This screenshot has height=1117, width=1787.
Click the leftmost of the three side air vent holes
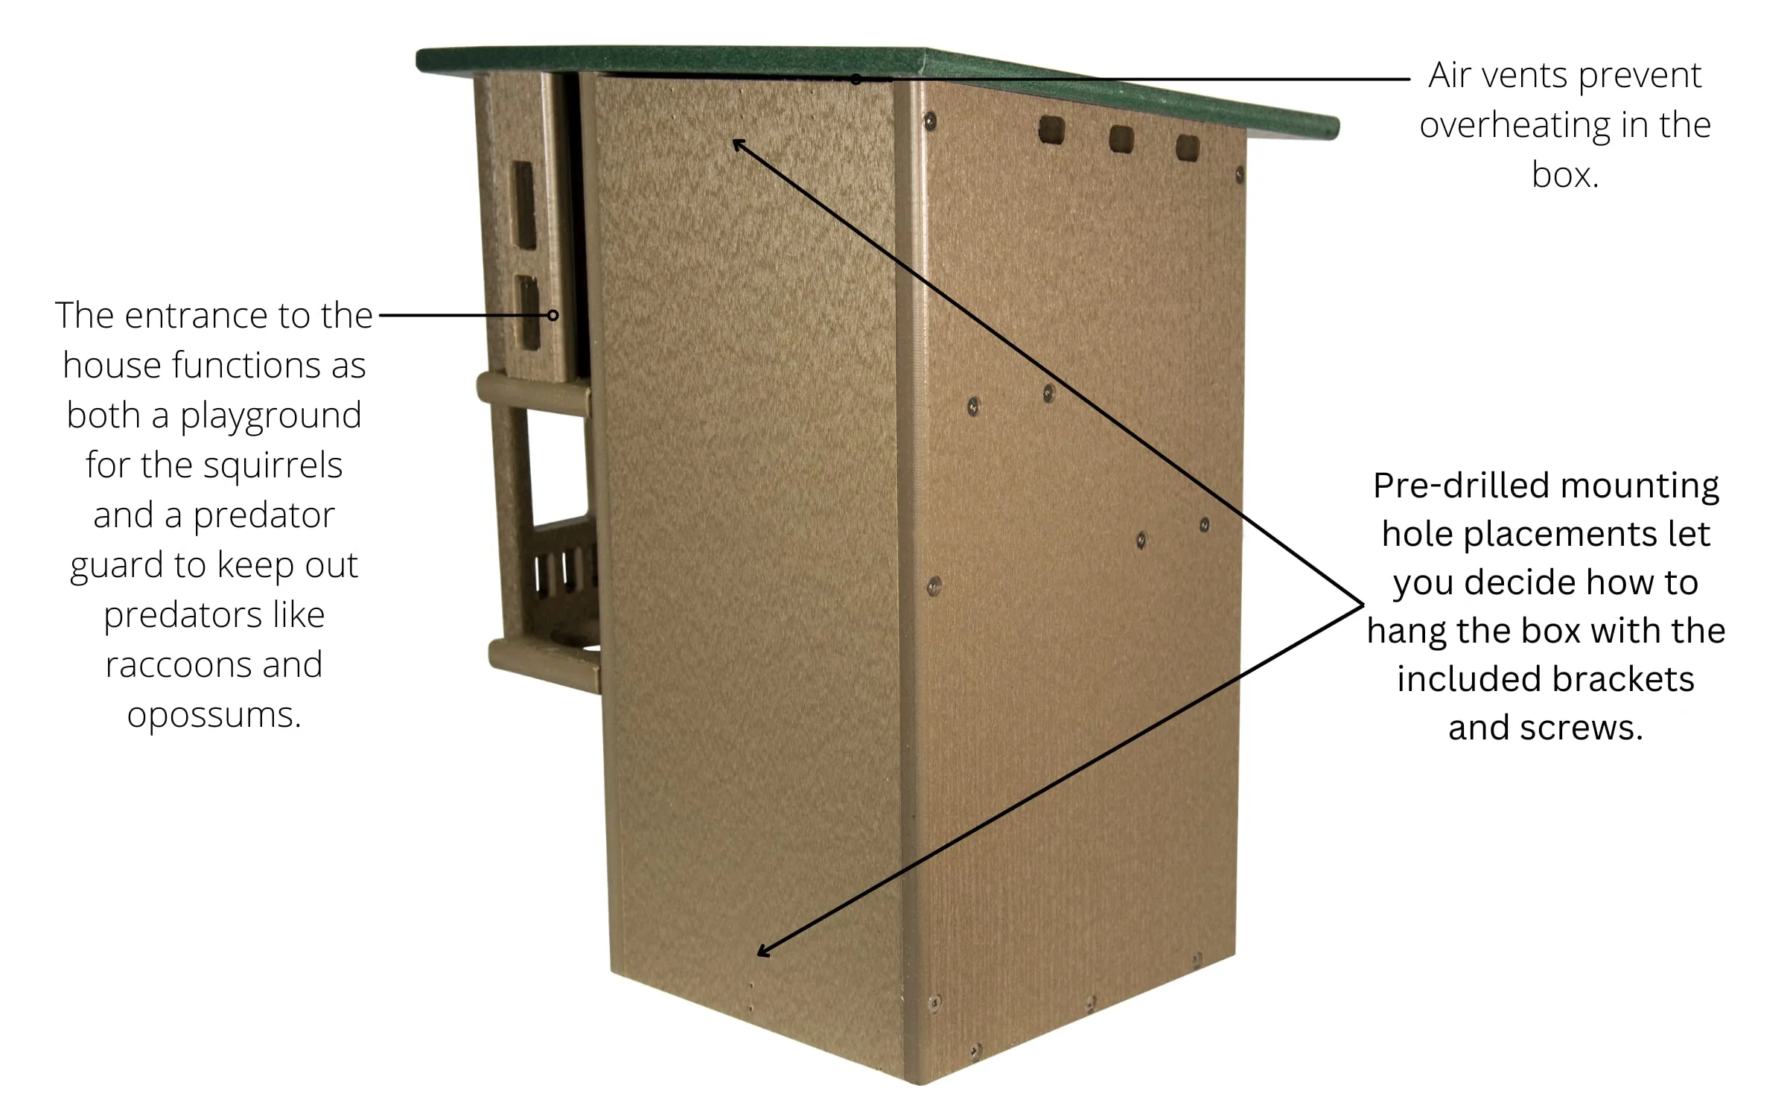click(x=1051, y=131)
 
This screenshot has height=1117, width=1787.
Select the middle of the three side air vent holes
click(x=1121, y=139)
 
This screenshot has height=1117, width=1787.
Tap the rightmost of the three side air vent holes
click(x=1188, y=147)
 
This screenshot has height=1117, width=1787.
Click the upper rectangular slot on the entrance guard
click(x=523, y=205)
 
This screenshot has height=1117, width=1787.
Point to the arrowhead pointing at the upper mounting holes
click(x=739, y=144)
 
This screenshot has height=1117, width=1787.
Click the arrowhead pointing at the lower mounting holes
click(x=763, y=950)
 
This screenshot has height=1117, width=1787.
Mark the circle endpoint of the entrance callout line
click(x=552, y=315)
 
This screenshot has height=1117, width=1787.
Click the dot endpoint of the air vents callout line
click(x=856, y=79)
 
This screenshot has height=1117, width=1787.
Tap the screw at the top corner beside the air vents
click(x=930, y=121)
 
